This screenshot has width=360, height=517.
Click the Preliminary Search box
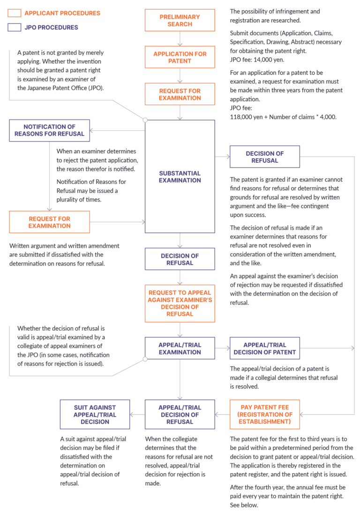(180, 20)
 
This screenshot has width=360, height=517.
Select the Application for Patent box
(180, 57)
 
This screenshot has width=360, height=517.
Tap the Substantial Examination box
(180, 176)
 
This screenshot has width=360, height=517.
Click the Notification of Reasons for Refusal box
(49, 130)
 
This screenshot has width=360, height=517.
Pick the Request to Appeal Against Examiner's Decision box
(180, 303)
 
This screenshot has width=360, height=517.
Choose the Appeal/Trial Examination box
(180, 348)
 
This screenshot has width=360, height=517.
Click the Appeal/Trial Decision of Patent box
(264, 348)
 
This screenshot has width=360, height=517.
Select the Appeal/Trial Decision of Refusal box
(180, 414)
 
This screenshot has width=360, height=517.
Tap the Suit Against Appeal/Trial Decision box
(95, 414)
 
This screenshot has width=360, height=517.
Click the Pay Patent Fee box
(264, 414)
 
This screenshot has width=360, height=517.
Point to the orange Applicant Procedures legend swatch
(14, 13)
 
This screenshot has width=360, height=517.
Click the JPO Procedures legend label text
(51, 28)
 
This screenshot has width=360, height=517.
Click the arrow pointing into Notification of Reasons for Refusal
(94, 130)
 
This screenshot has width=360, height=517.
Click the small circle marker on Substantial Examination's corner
(145, 120)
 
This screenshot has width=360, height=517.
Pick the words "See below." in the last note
(244, 506)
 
